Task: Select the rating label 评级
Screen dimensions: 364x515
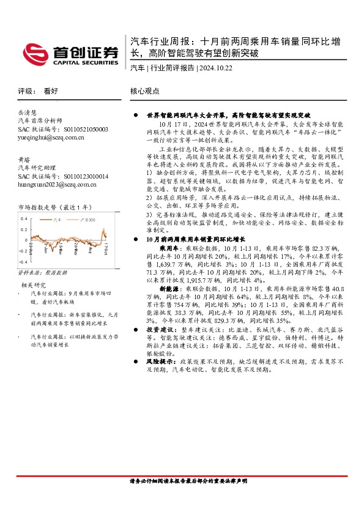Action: click(24, 90)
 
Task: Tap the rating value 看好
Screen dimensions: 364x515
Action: click(51, 90)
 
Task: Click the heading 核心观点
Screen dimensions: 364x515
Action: click(145, 90)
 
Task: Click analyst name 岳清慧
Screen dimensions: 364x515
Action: click(28, 113)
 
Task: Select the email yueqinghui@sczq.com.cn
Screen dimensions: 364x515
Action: click(51, 138)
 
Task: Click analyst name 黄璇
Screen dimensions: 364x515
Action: click(24, 159)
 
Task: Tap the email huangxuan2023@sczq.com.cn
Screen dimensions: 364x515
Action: click(57, 184)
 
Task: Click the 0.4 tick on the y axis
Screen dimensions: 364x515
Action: click(24, 218)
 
